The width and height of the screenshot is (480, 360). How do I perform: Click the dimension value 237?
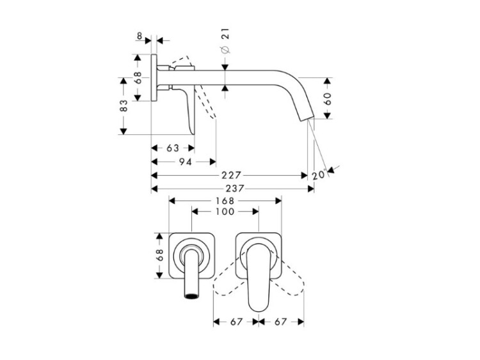tap(235, 189)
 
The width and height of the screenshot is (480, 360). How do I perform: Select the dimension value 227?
tap(232, 175)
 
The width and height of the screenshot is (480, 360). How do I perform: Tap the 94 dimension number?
tap(186, 162)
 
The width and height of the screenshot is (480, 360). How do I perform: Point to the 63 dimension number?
tap(173, 148)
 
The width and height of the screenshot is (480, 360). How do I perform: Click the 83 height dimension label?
tap(124, 106)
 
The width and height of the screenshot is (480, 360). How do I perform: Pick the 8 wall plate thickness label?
tap(140, 36)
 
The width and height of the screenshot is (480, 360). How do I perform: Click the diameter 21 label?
tap(225, 42)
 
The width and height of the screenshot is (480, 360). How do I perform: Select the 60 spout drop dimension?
tap(328, 98)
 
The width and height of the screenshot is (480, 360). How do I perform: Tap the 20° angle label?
tap(319, 175)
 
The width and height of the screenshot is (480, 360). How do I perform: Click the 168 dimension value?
tap(225, 201)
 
